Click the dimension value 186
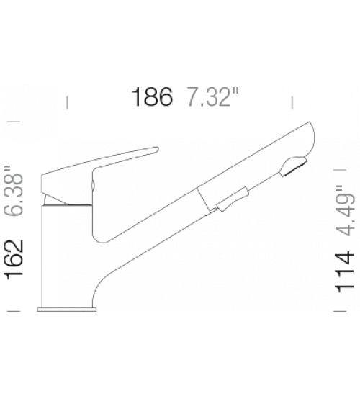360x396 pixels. pyautogui.click(x=152, y=96)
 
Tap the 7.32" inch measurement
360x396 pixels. pyautogui.click(x=212, y=96)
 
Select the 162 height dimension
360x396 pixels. pyautogui.click(x=14, y=260)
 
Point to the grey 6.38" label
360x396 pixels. pyautogui.click(x=14, y=191)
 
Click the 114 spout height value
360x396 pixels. pyautogui.click(x=344, y=272)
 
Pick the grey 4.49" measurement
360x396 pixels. pyautogui.click(x=345, y=211)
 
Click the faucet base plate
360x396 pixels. pyautogui.click(x=67, y=310)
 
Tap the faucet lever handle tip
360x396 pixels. pyautogui.click(x=157, y=150)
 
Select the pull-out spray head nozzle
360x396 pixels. pyautogui.click(x=293, y=167)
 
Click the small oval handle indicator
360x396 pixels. pyautogui.click(x=93, y=185)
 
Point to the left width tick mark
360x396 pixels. pyautogui.click(x=67, y=102)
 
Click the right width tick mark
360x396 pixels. pyautogui.click(x=292, y=102)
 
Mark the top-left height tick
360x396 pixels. pyautogui.click(x=14, y=122)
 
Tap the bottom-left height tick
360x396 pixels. pyautogui.click(x=14, y=311)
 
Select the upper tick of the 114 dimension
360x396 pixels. pyautogui.click(x=340, y=170)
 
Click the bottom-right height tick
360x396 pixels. pyautogui.click(x=340, y=311)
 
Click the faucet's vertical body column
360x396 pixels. pyautogui.click(x=67, y=256)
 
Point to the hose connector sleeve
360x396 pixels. pyautogui.click(x=233, y=199)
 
